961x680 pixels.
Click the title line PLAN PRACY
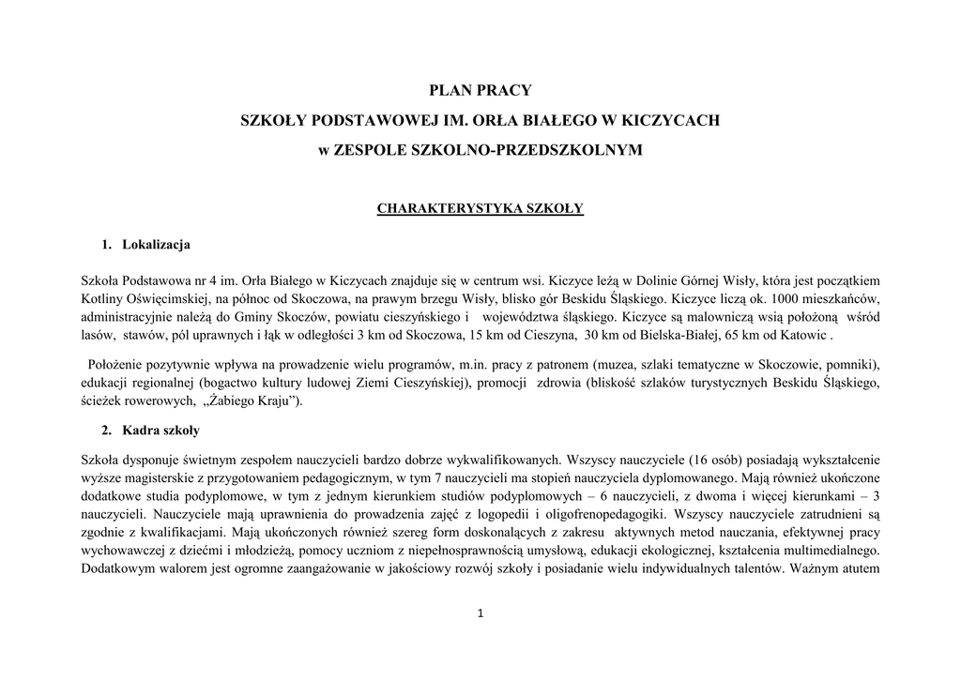(x=480, y=91)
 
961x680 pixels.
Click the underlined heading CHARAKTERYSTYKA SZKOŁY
(x=480, y=208)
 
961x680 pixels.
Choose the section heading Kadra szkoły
(x=160, y=431)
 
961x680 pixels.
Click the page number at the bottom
(x=480, y=614)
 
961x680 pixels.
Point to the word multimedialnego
(x=828, y=552)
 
